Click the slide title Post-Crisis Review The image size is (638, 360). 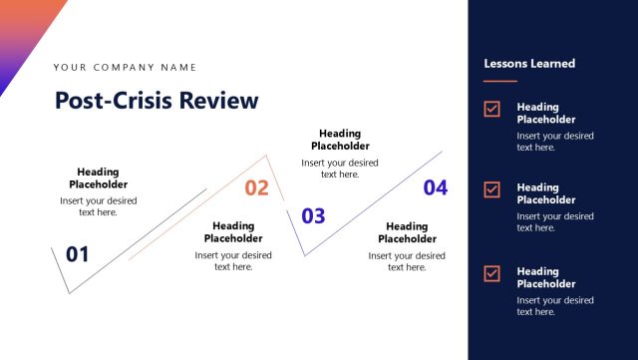pos(157,100)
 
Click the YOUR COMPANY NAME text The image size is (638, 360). pos(125,68)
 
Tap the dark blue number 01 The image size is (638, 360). pos(78,254)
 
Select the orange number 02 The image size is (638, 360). pos(256,188)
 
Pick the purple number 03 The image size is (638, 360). pos(313,215)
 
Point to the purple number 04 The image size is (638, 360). pos(436,187)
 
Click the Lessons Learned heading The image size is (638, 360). pos(529,64)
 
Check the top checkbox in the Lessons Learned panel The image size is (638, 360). pos(491,109)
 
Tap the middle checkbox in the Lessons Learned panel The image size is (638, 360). pos(491,188)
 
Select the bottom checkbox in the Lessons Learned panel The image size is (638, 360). pos(491,273)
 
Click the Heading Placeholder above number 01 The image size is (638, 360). pos(99,178)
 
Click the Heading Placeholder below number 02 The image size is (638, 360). pos(233,232)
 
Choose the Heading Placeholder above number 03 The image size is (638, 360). pos(340,140)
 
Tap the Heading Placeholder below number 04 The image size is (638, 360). pos(407,232)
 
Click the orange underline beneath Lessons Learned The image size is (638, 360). pos(500,81)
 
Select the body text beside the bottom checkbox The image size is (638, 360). pos(554,306)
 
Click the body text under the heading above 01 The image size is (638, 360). pos(99,206)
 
